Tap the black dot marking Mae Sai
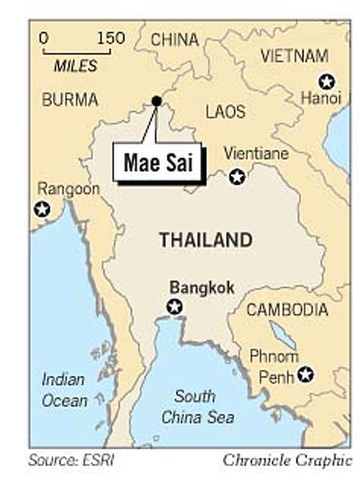tap(157, 101)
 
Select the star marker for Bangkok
tap(175, 307)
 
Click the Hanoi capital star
tap(326, 82)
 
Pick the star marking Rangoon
tap(42, 209)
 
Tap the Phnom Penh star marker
tap(305, 374)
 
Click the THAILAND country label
tap(206, 240)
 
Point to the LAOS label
tap(225, 112)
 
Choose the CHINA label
tap(175, 40)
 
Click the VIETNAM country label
tap(294, 56)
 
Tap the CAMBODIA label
tap(287, 310)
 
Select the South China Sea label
tap(197, 407)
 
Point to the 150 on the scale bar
tap(111, 38)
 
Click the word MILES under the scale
tap(75, 66)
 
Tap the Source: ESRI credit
tap(71, 460)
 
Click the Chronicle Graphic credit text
tap(287, 460)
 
